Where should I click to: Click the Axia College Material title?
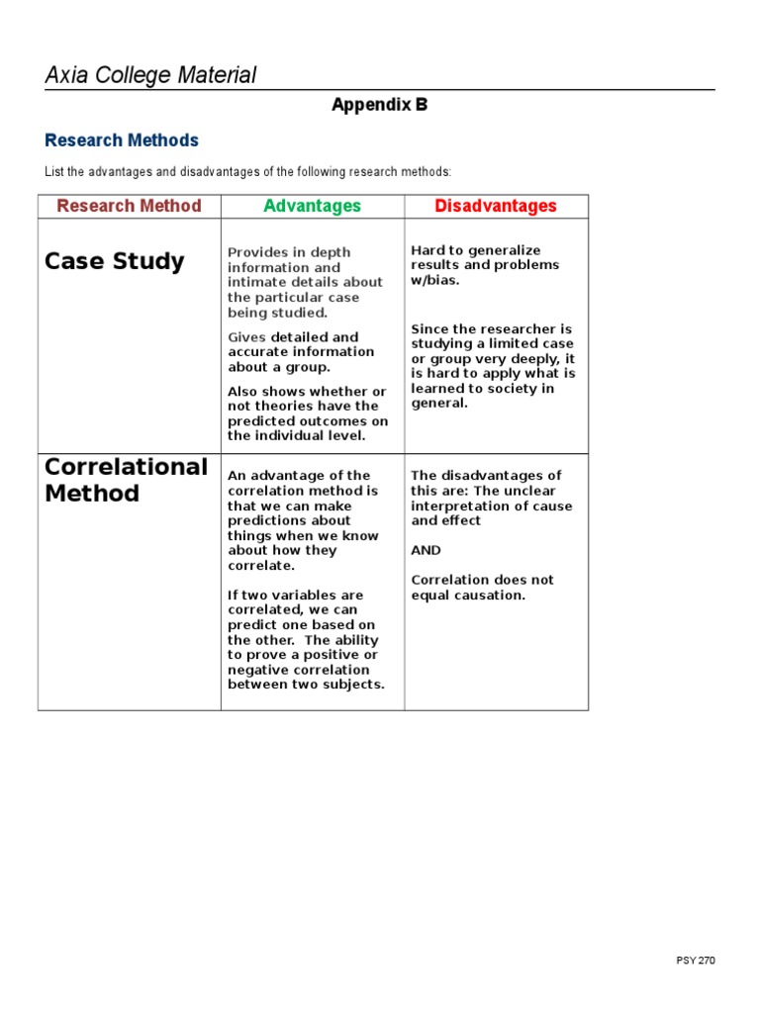pyautogui.click(x=150, y=75)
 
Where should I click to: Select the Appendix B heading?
pyautogui.click(x=379, y=105)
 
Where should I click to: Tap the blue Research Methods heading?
pyautogui.click(x=122, y=140)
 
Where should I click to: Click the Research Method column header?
pyautogui.click(x=129, y=206)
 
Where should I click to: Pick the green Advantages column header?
pyautogui.click(x=312, y=206)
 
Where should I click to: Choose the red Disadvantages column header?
pyautogui.click(x=496, y=206)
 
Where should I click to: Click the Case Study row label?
pyautogui.click(x=115, y=261)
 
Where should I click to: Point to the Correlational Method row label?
pyautogui.click(x=127, y=480)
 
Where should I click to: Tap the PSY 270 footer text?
pyautogui.click(x=696, y=961)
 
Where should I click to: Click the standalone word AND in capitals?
pyautogui.click(x=427, y=550)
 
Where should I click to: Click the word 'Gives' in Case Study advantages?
pyautogui.click(x=247, y=337)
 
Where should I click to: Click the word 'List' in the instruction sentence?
pyautogui.click(x=53, y=172)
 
